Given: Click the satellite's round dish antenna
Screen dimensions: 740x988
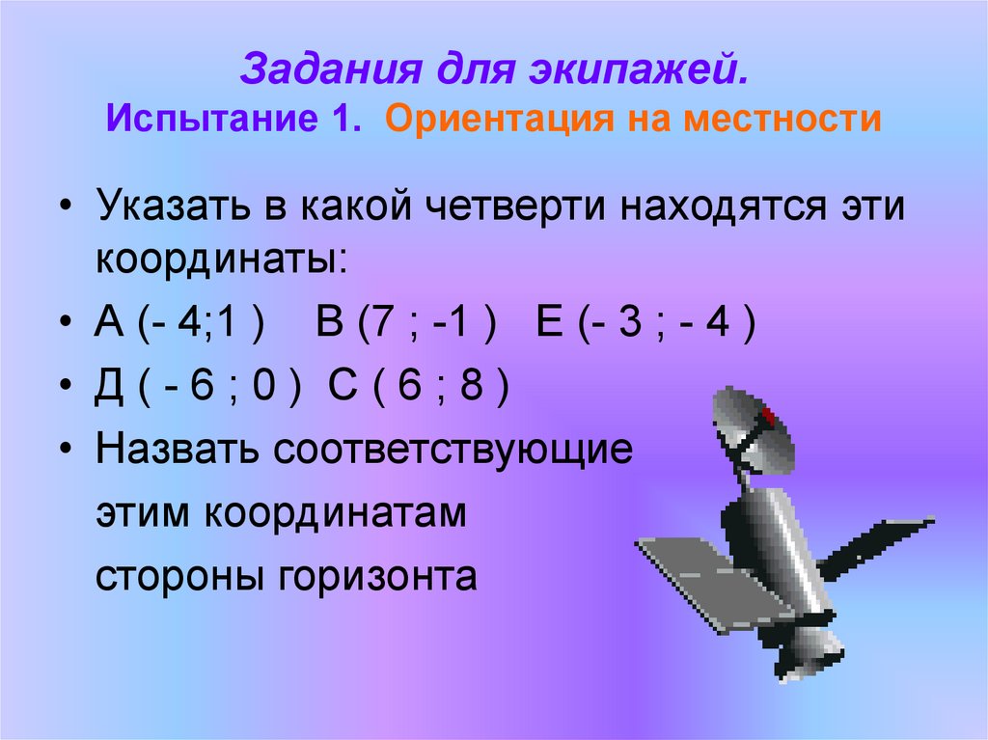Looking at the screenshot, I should [753, 429].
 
